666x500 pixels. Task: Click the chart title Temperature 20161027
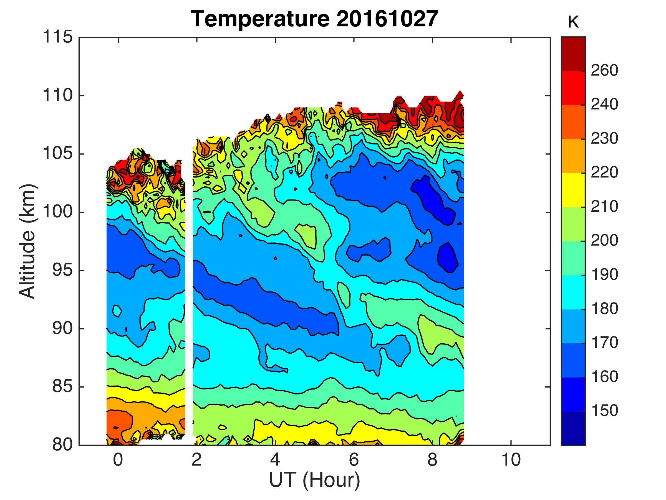314,19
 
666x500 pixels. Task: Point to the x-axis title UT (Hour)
314,480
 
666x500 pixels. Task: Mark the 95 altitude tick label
62,270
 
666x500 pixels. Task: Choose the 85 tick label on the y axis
62,387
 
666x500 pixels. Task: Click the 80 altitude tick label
62,445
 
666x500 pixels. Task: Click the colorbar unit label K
573,23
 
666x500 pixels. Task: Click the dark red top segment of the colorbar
573,54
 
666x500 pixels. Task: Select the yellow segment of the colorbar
573,190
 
